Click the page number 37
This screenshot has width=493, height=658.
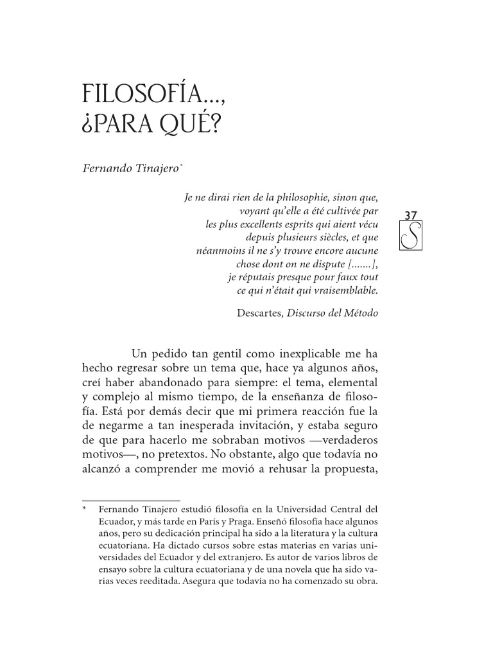[412, 215]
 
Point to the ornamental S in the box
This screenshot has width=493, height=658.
[412, 239]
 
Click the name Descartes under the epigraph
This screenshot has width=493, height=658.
[259, 314]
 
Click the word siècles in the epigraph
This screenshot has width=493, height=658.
[329, 237]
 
